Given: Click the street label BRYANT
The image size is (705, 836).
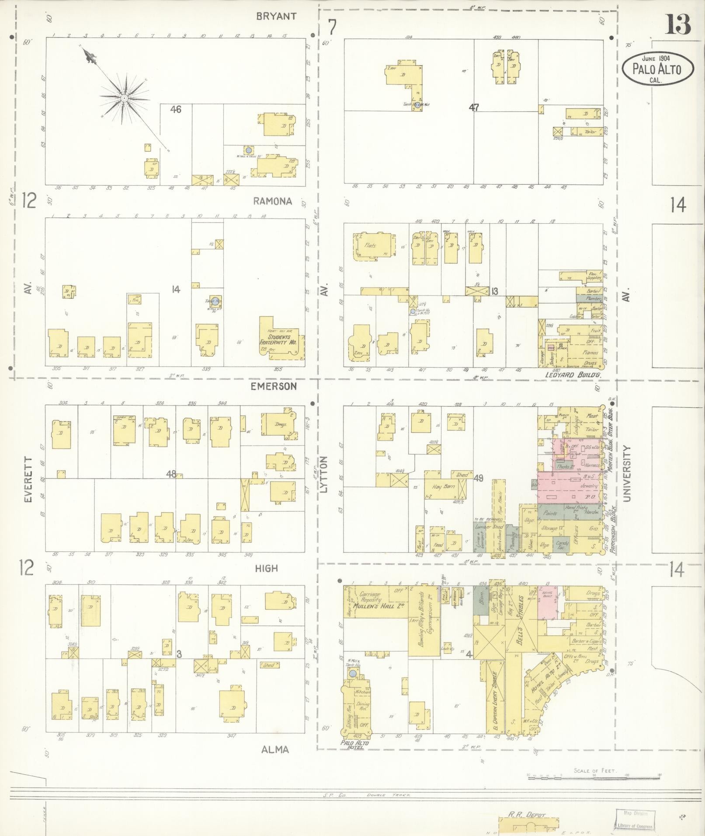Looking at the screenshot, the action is (276, 17).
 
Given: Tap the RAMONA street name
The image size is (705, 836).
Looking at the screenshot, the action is (272, 201).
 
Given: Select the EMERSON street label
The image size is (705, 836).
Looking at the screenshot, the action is (274, 386).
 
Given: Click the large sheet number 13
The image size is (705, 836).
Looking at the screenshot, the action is (678, 24).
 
